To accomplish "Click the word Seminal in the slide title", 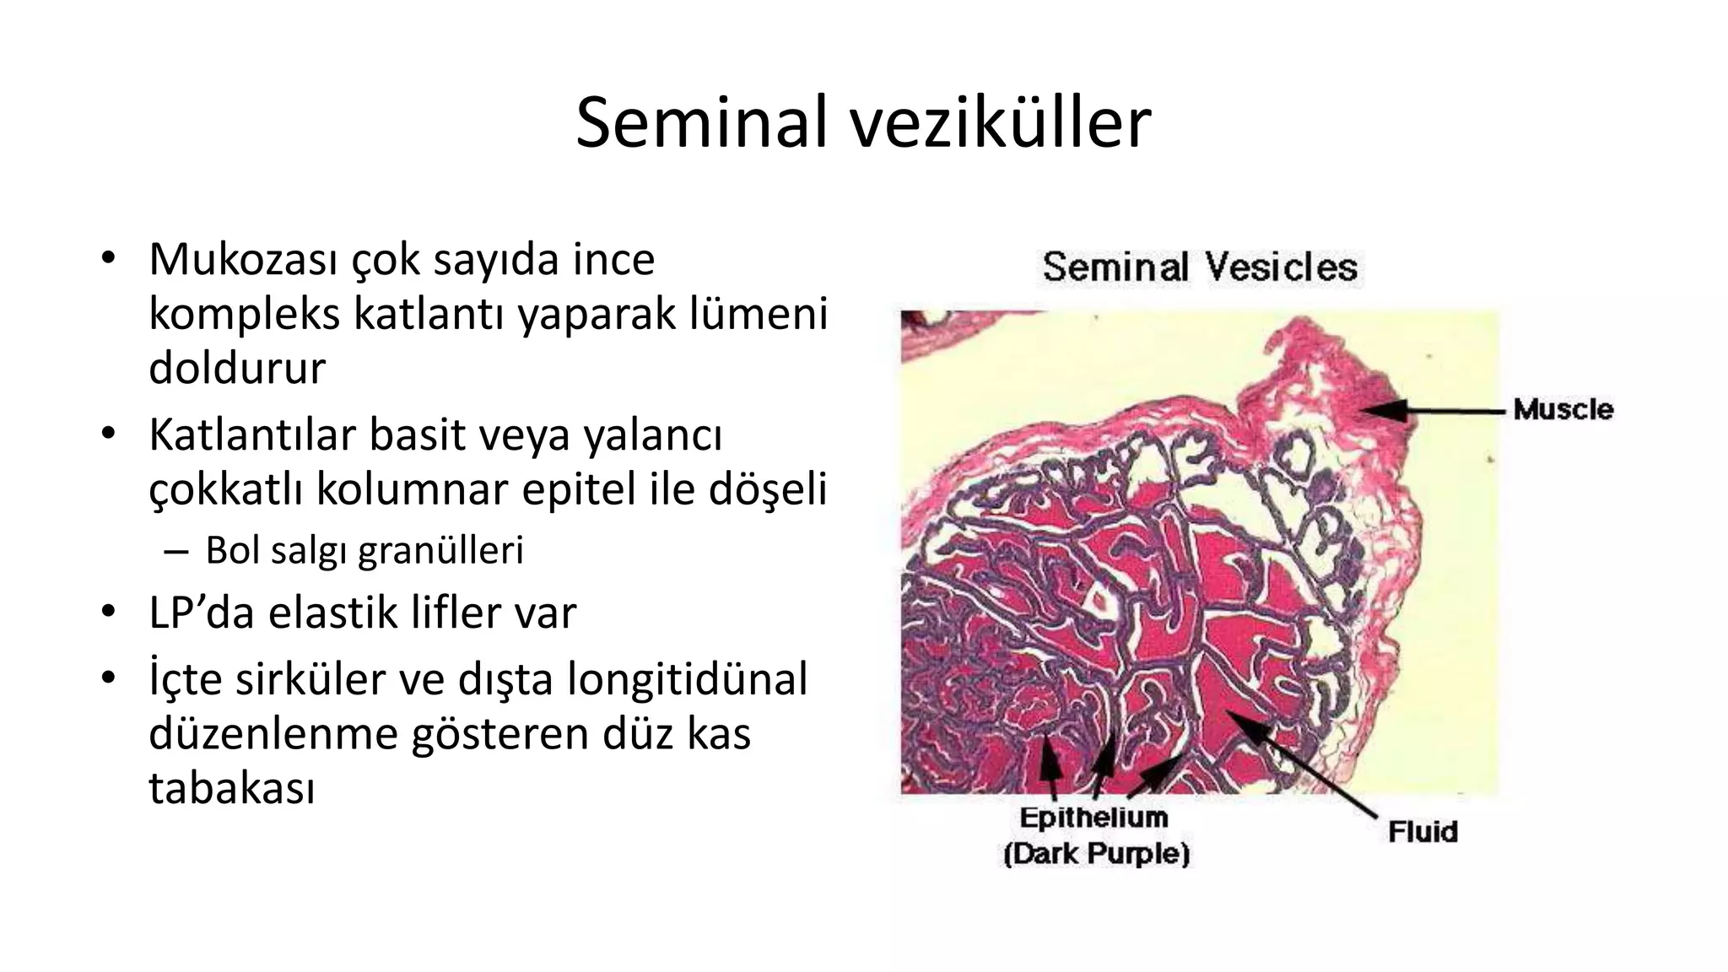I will (702, 123).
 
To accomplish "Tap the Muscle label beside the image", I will (1563, 410).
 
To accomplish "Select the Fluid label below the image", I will (1423, 832).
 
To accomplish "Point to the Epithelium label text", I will (1094, 818).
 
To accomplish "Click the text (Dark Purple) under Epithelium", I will (1096, 854).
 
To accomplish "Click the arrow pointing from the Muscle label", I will (1434, 411).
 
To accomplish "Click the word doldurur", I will (237, 368).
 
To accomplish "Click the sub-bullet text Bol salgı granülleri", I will (364, 551).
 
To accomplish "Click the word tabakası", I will (232, 788).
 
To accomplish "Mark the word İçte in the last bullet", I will (183, 680).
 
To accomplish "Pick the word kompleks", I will (244, 314).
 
